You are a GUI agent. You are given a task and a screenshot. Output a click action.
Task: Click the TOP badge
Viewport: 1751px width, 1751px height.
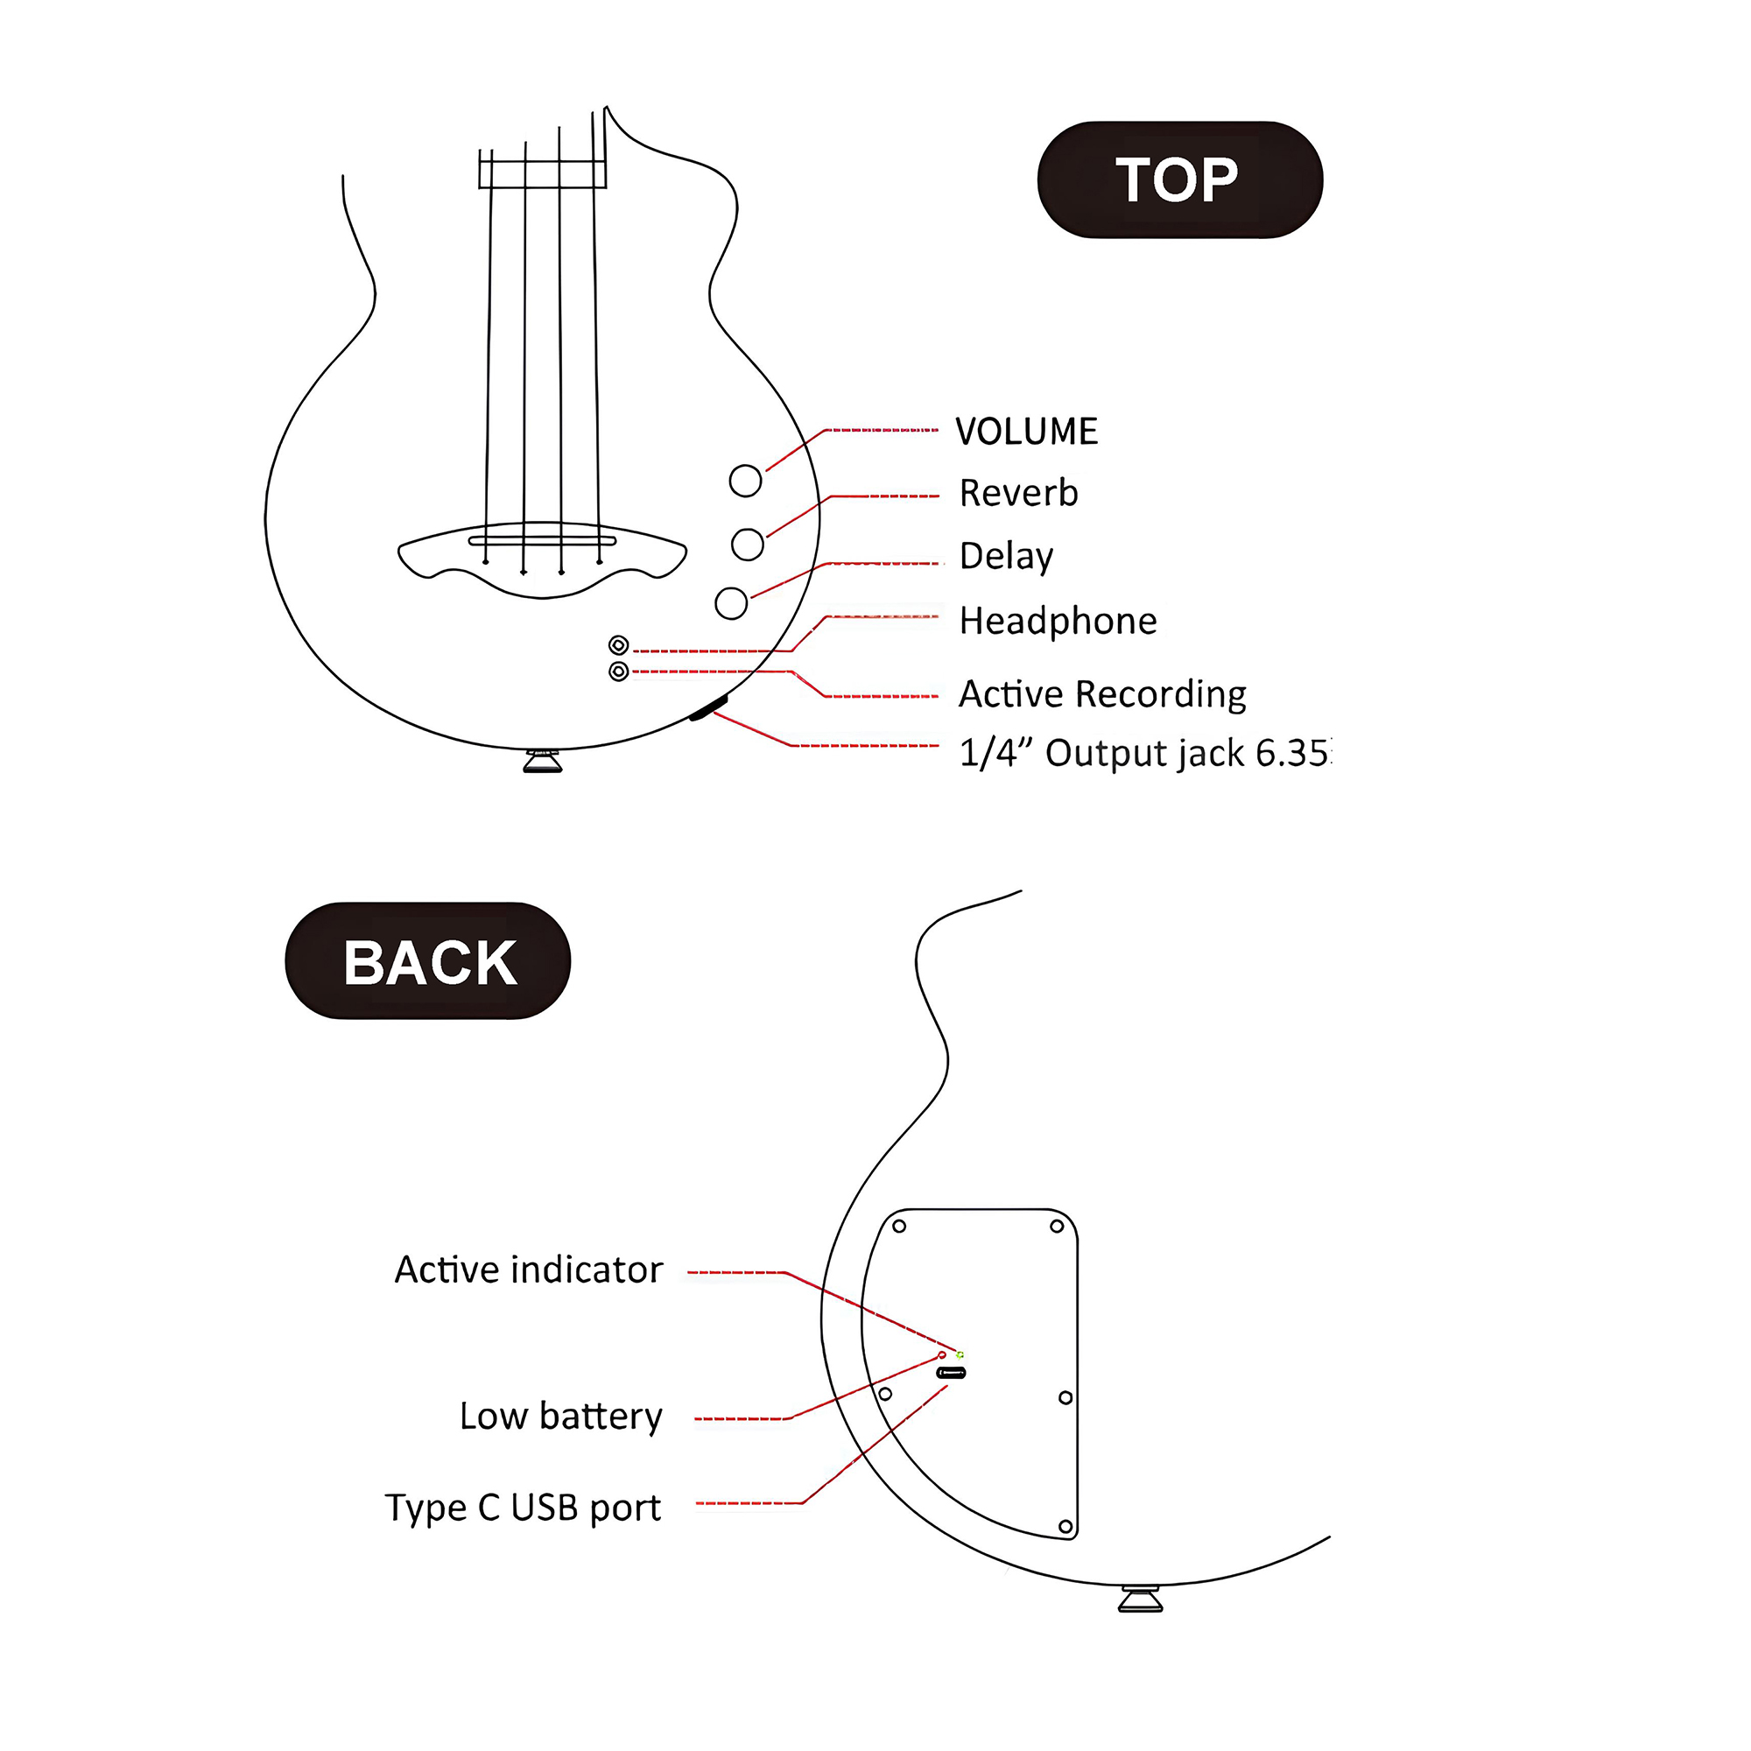click(1179, 179)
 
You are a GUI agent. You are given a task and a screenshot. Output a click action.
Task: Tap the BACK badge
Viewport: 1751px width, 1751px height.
click(428, 960)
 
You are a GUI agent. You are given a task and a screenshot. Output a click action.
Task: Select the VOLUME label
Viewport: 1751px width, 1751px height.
click(1026, 432)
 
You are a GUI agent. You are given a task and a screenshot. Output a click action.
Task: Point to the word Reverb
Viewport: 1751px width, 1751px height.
click(1019, 493)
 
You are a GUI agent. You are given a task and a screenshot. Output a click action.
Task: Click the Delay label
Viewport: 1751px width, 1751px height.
click(1006, 556)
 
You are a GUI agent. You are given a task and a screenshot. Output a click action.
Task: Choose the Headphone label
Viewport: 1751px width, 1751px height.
click(1058, 621)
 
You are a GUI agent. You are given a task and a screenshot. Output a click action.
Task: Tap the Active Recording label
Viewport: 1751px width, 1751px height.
click(1102, 694)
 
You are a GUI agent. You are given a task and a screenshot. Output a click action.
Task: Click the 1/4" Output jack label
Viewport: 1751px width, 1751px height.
click(1143, 752)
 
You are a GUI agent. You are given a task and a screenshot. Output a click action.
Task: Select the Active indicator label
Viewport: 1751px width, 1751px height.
click(529, 1269)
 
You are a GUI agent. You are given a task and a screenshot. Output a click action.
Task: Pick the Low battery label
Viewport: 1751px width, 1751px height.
click(560, 1416)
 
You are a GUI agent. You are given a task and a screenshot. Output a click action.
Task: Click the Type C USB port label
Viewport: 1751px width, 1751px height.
click(523, 1508)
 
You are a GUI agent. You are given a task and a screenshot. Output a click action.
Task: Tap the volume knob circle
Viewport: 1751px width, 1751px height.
click(745, 481)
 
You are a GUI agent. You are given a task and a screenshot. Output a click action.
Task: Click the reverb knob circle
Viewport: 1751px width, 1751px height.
click(747, 544)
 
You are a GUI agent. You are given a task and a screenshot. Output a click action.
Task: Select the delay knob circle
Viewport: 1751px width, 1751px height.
click(730, 602)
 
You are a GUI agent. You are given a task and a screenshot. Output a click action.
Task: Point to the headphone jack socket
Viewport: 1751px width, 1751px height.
click(619, 645)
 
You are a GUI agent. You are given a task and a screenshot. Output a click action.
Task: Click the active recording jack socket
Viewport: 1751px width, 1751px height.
click(619, 672)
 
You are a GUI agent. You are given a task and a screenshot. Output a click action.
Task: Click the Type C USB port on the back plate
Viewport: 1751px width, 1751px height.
click(951, 1372)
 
